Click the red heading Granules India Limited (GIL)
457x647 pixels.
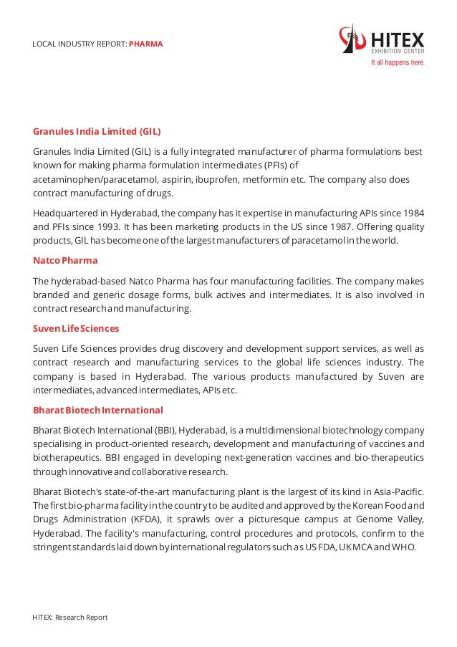(x=97, y=132)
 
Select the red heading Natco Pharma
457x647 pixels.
(x=65, y=260)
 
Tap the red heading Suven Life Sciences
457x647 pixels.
(x=76, y=328)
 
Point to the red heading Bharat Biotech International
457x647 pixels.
(x=98, y=410)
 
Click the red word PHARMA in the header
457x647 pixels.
(x=146, y=44)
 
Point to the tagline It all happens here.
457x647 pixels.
(x=397, y=62)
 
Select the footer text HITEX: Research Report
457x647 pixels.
(x=70, y=617)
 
